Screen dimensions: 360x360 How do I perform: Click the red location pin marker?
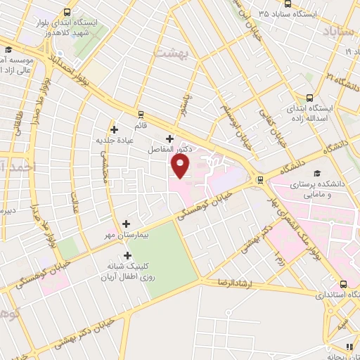(181, 166)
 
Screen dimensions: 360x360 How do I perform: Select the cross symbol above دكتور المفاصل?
(169, 138)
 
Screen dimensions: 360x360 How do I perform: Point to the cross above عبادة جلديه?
(115, 129)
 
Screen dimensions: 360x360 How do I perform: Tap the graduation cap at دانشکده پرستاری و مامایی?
(316, 173)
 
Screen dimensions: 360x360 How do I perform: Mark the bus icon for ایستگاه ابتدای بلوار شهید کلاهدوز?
(67, 12)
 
